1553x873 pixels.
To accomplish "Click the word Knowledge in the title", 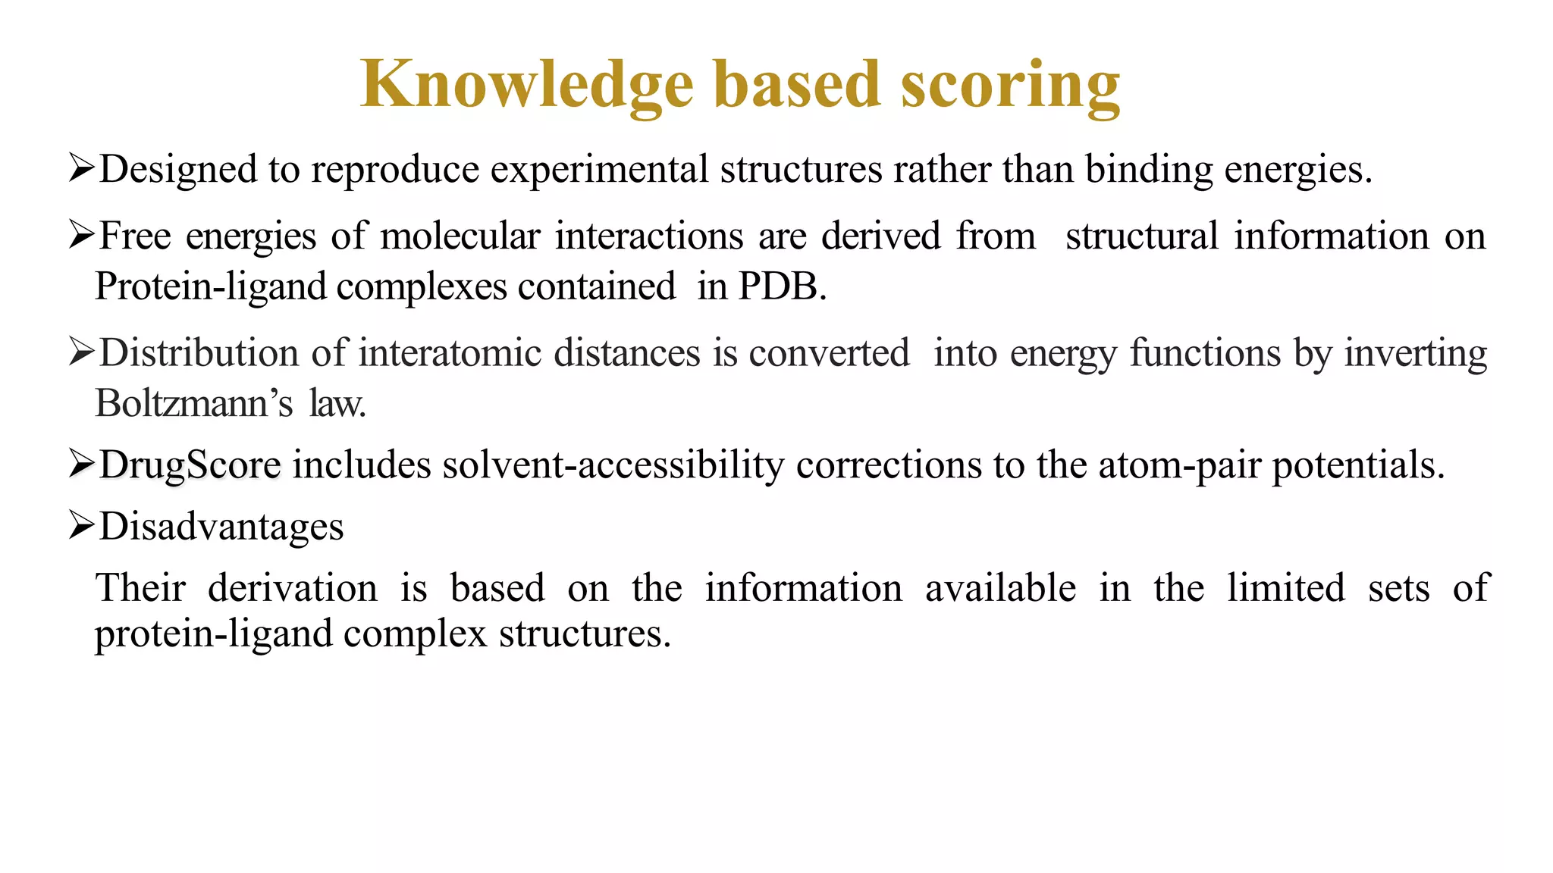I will coord(526,85).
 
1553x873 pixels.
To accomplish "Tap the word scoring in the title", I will coord(1010,85).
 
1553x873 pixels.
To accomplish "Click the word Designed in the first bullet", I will coord(178,170).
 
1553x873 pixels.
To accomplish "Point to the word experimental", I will coord(599,170).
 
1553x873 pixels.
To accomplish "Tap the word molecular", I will coord(460,236).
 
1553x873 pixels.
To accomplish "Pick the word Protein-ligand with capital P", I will coord(210,287).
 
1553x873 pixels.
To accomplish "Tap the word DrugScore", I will coord(190,465).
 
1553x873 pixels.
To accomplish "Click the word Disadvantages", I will coord(221,527).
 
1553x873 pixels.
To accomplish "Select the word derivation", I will coord(292,589).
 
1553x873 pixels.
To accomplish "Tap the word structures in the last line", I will coord(584,634).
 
